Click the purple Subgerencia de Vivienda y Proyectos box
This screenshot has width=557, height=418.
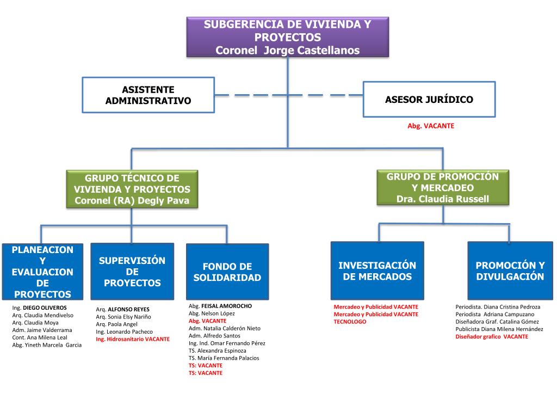pos(288,37)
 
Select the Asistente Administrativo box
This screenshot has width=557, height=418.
pos(148,95)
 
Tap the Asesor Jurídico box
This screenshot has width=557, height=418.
pos(429,100)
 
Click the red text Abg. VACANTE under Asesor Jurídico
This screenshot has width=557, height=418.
pos(431,126)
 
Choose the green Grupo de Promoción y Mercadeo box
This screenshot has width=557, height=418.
pos(443,188)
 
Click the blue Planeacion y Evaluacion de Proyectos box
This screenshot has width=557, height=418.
pos(42,272)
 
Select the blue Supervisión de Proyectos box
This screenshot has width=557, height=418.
pos(132,272)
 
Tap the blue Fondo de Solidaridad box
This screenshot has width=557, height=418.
pos(227,272)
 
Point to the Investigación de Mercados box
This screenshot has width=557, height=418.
pos(377,271)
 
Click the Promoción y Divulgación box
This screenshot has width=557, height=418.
pos(510,271)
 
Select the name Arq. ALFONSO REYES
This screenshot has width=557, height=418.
pos(122,309)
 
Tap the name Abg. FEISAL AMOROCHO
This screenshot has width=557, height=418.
pos(220,306)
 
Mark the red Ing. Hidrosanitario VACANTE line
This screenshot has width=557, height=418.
pos(133,339)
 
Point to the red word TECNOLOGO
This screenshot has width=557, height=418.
pos(350,322)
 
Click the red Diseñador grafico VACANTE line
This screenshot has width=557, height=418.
pos(492,336)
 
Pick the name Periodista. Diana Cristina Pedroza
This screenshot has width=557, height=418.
pos(498,306)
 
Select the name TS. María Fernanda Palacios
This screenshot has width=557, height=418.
pos(224,358)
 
